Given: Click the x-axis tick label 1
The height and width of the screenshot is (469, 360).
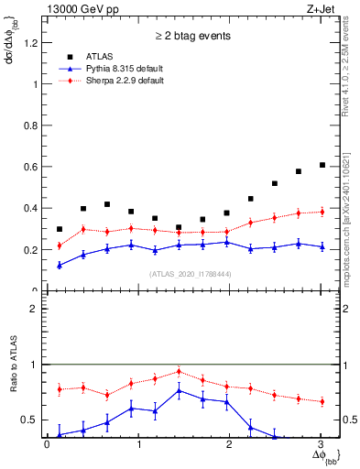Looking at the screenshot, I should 138,447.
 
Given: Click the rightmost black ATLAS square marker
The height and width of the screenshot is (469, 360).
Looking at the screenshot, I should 322,165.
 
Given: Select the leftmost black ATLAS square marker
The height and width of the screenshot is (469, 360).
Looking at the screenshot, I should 60,229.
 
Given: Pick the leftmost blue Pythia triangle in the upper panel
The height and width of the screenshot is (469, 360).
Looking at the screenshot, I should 60,266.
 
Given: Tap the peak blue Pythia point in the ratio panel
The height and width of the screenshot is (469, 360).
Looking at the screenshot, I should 180,391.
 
